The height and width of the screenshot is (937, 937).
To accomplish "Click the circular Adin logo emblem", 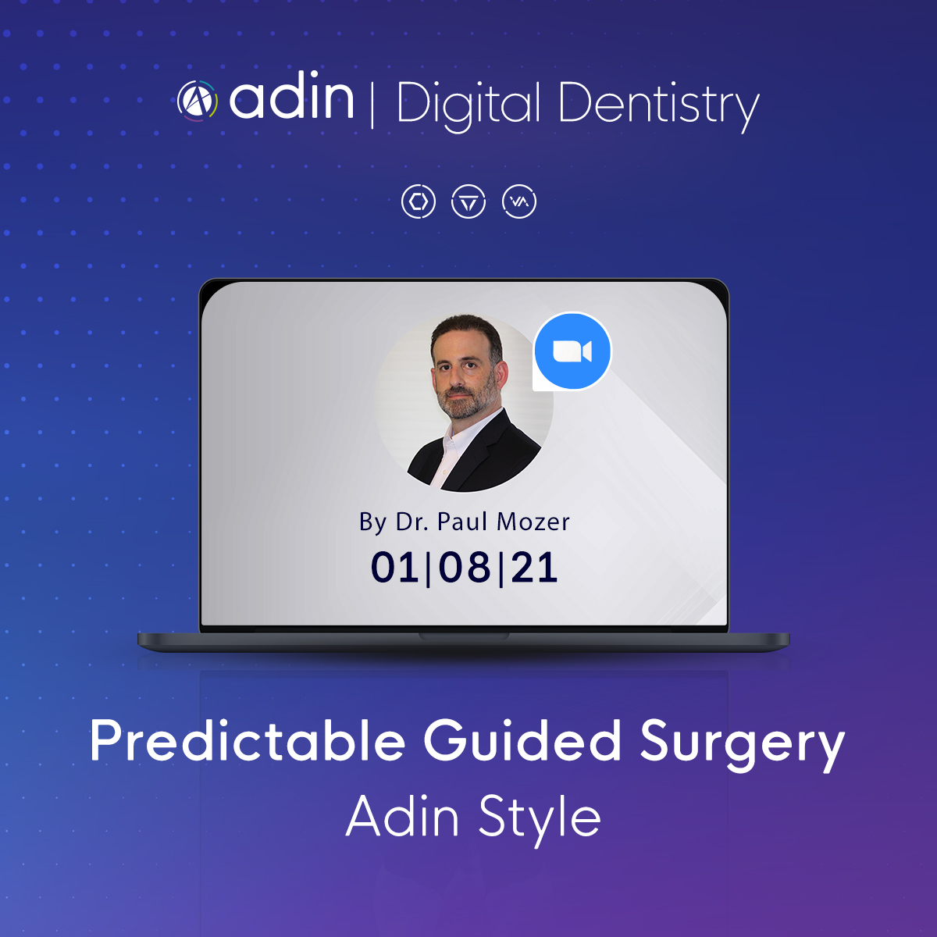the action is tap(198, 101).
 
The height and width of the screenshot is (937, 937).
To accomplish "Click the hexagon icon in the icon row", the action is tap(419, 201).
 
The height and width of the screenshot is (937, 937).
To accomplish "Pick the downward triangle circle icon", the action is tap(468, 201).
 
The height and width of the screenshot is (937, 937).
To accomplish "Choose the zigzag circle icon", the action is tap(518, 201).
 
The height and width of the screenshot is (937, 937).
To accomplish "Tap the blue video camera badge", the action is tap(572, 351).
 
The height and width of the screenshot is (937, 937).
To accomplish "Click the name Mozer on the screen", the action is tap(533, 522).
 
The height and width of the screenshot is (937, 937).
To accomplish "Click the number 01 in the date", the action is tap(394, 567).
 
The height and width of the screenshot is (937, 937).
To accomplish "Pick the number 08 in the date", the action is tap(465, 567).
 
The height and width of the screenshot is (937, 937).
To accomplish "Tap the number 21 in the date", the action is tap(534, 567).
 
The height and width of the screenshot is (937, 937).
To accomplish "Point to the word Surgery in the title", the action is tap(742, 744).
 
